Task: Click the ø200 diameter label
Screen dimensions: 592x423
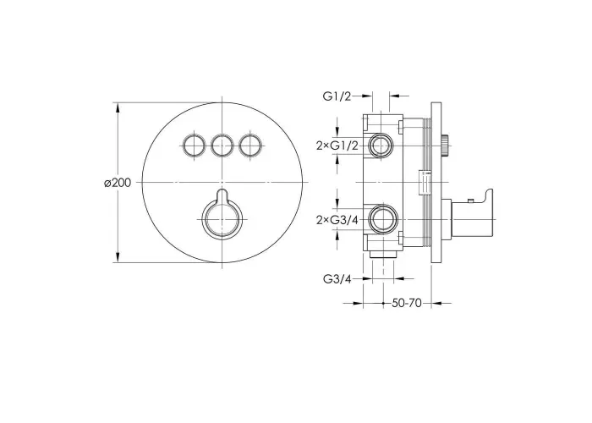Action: click(x=118, y=184)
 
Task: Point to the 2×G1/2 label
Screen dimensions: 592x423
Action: click(x=337, y=146)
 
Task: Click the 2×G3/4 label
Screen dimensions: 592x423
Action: click(x=337, y=220)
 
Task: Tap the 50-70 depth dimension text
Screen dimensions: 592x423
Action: click(x=406, y=303)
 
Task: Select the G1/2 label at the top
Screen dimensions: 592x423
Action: click(x=337, y=96)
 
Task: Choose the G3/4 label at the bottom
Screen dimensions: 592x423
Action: click(x=337, y=279)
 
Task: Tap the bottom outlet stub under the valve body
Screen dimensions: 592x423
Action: click(x=383, y=255)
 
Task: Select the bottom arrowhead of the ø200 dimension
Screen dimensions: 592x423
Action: click(x=118, y=257)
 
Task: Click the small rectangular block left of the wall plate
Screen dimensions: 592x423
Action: click(x=425, y=183)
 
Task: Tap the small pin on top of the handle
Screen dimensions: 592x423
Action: click(x=470, y=201)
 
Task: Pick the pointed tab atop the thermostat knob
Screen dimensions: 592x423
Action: click(x=222, y=195)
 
